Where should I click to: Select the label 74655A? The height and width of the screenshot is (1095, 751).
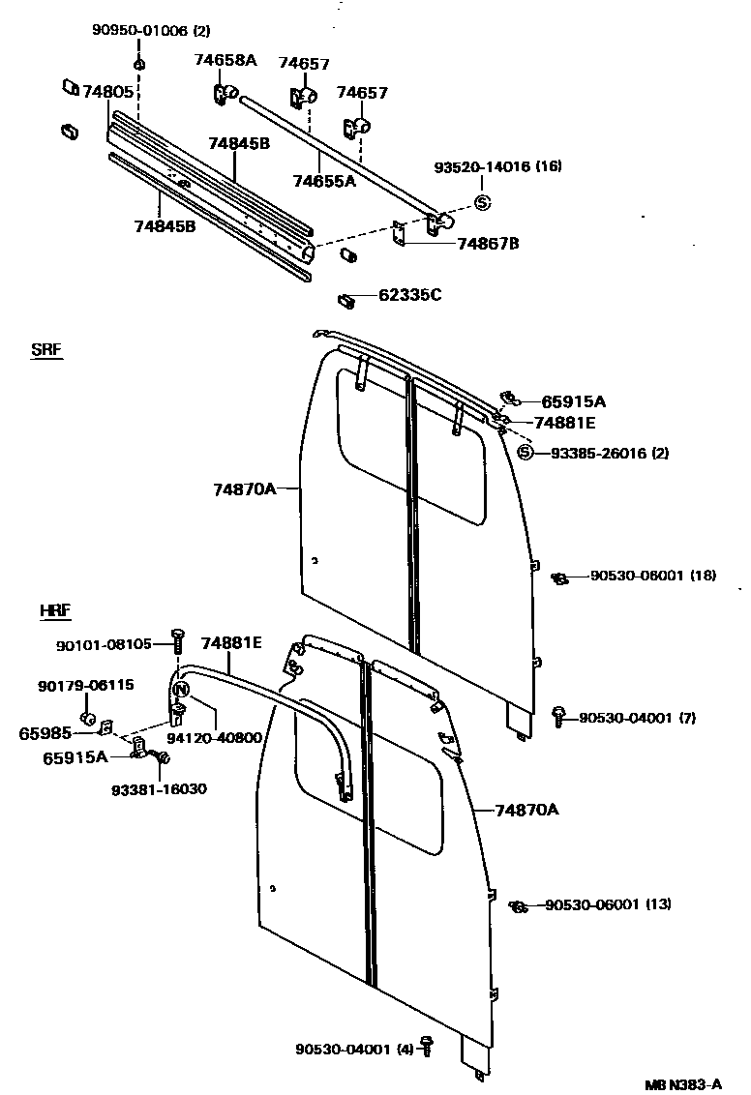click(x=324, y=180)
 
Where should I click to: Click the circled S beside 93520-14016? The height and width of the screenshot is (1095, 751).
click(x=483, y=202)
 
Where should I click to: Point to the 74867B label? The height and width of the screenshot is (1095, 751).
click(x=488, y=243)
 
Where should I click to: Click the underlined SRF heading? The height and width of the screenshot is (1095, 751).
click(x=46, y=350)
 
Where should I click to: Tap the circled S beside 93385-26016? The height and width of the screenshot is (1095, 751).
click(x=526, y=453)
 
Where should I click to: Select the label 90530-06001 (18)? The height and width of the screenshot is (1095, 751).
click(x=653, y=576)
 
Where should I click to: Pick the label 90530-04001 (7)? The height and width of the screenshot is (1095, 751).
click(x=639, y=718)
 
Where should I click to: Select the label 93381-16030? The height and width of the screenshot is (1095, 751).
click(x=158, y=788)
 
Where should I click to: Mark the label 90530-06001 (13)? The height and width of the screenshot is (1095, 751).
click(x=608, y=904)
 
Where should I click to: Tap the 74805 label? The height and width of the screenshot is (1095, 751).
click(x=107, y=92)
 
